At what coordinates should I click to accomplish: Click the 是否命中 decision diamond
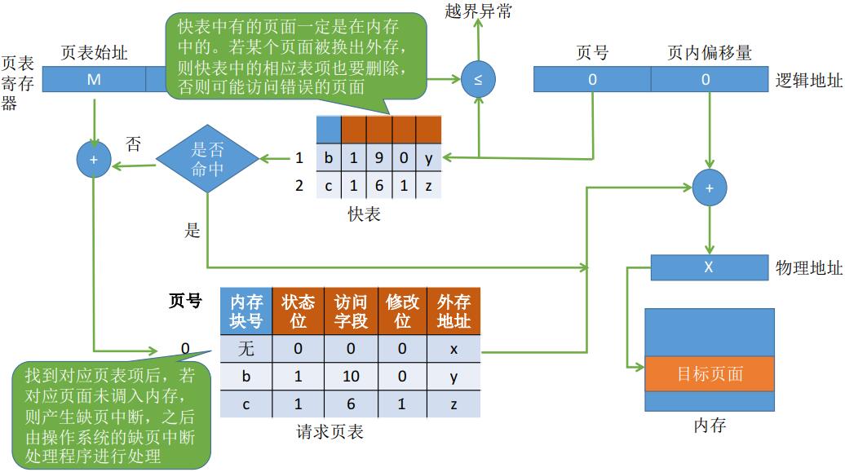tap(207, 158)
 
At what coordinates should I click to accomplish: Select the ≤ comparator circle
tap(478, 80)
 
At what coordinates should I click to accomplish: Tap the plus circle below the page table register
tap(94, 160)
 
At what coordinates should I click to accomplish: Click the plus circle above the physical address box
tap(709, 187)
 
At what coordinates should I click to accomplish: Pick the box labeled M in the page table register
tap(94, 79)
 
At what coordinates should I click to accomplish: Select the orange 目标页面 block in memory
tap(710, 374)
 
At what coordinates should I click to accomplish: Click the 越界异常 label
tap(480, 11)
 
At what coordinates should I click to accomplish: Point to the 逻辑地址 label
tap(807, 80)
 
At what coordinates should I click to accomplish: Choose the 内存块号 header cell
tap(246, 311)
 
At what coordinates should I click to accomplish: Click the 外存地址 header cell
tap(454, 311)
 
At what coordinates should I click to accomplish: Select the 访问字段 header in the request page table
tap(351, 311)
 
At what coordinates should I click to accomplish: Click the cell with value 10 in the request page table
tap(351, 377)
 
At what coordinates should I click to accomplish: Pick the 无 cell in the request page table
tap(246, 350)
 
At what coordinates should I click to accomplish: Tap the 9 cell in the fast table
tap(378, 158)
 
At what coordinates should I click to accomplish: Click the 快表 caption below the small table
tap(364, 215)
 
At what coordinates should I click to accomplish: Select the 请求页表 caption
tap(330, 432)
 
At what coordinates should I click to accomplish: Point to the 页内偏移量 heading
tap(709, 53)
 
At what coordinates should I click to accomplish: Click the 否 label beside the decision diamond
tap(133, 144)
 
